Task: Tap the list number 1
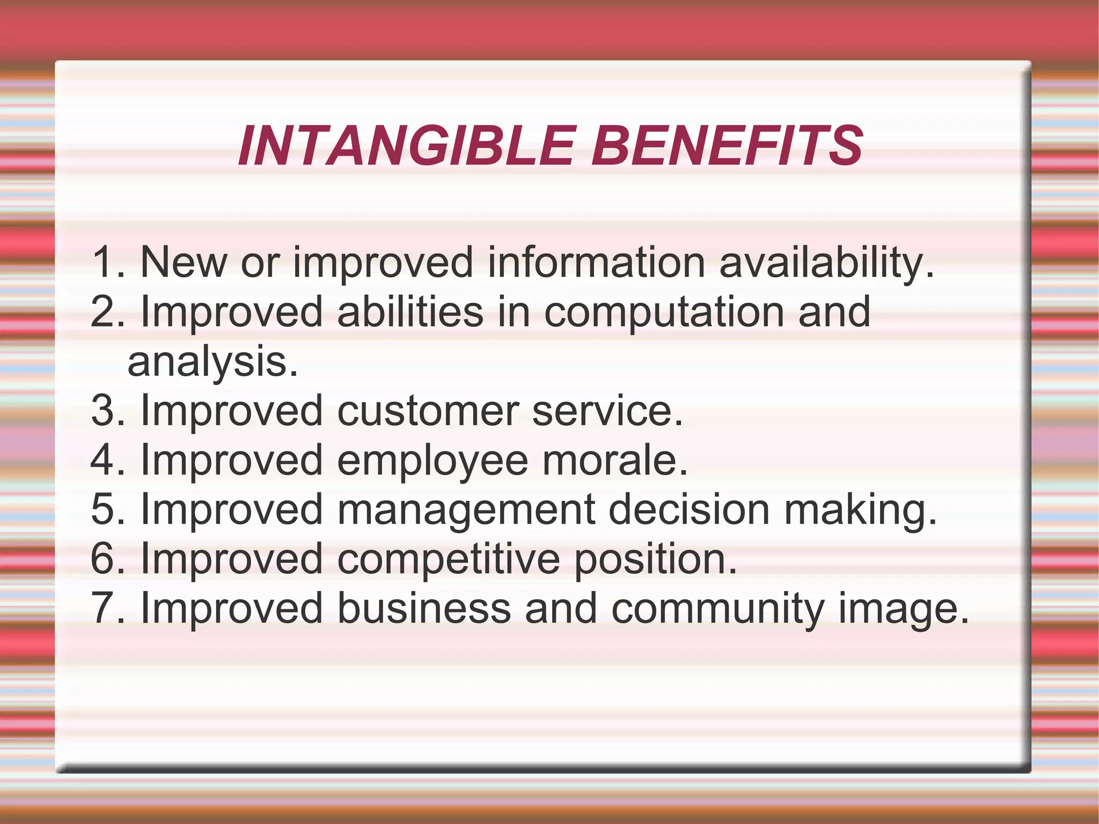(105, 262)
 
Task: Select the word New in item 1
(184, 262)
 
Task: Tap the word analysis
(213, 363)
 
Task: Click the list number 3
(105, 411)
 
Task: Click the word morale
(615, 460)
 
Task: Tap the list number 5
(105, 509)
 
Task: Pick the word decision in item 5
(689, 509)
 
